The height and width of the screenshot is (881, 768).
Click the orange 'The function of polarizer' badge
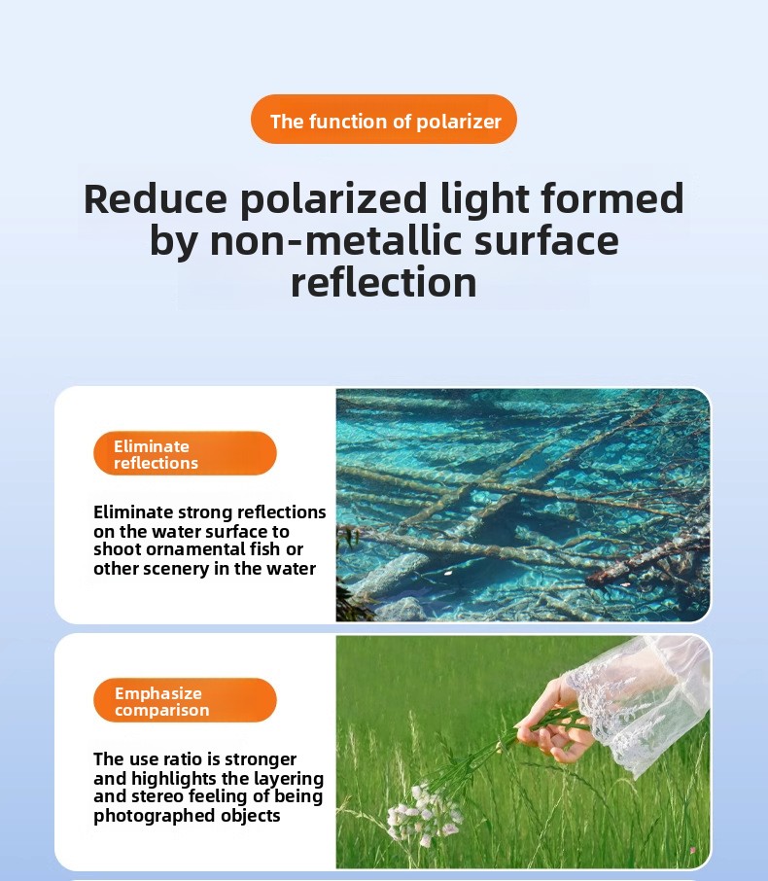pos(384,119)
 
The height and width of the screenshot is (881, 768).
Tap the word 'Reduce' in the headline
pos(156,199)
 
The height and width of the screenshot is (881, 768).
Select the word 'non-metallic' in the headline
pos(335,240)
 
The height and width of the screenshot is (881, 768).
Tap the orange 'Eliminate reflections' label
pos(185,453)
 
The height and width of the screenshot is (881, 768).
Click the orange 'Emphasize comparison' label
pos(185,701)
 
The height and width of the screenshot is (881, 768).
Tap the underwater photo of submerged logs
pos(523,505)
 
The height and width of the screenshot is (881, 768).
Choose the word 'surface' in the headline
pos(546,240)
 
